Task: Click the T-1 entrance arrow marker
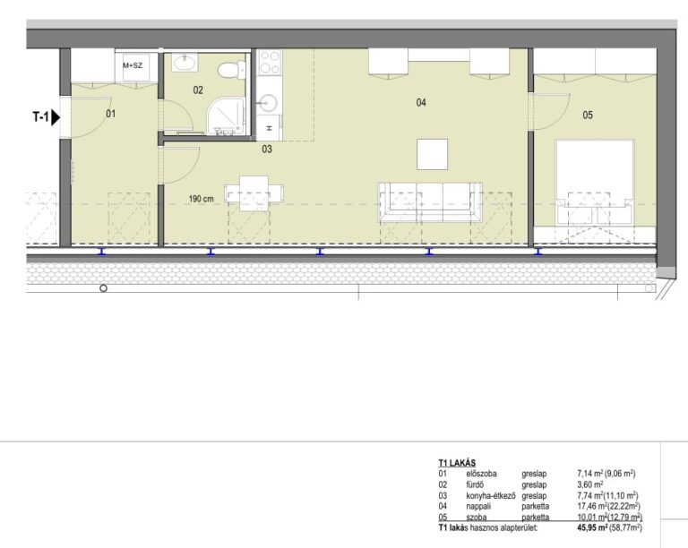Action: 56,117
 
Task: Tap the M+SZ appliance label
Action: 133,65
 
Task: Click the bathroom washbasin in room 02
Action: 185,64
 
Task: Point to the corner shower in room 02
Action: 225,116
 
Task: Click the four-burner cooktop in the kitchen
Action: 270,63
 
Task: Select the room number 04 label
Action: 421,103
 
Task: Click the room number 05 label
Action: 588,115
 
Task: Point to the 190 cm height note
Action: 202,199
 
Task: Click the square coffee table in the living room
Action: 432,154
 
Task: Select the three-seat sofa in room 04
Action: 430,202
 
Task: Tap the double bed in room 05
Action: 595,183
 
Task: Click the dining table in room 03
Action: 254,193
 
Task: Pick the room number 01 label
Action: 110,114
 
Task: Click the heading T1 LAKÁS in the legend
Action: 457,463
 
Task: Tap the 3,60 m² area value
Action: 590,484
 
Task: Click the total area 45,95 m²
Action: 592,527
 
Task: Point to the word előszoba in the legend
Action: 481,474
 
